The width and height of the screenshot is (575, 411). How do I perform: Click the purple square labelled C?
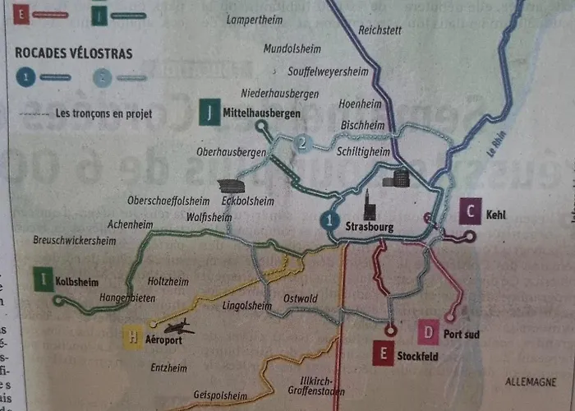(470, 212)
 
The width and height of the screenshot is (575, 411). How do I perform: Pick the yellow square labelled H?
(133, 336)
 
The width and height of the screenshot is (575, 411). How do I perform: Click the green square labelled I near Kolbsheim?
(43, 279)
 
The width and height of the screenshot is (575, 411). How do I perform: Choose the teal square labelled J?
(210, 112)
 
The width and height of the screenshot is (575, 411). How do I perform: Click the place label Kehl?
(496, 215)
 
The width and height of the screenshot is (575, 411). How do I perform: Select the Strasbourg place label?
(371, 226)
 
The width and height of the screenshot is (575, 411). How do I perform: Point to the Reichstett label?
(380, 30)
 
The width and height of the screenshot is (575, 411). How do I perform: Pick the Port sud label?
(461, 335)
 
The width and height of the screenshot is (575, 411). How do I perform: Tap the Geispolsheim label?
(220, 395)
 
